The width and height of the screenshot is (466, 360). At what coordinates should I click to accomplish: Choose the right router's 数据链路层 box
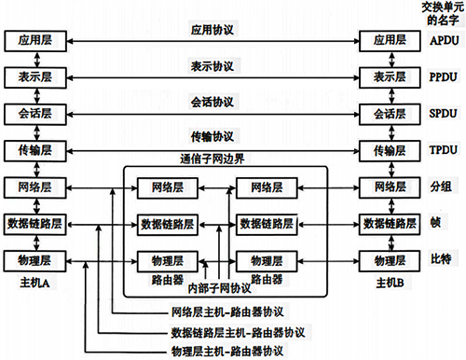[267, 223]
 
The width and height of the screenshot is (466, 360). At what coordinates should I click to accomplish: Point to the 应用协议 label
[212, 30]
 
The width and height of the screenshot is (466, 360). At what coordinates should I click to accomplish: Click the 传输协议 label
[212, 136]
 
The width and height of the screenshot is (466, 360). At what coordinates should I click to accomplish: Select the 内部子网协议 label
[220, 287]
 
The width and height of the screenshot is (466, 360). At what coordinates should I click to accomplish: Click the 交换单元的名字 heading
[438, 13]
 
